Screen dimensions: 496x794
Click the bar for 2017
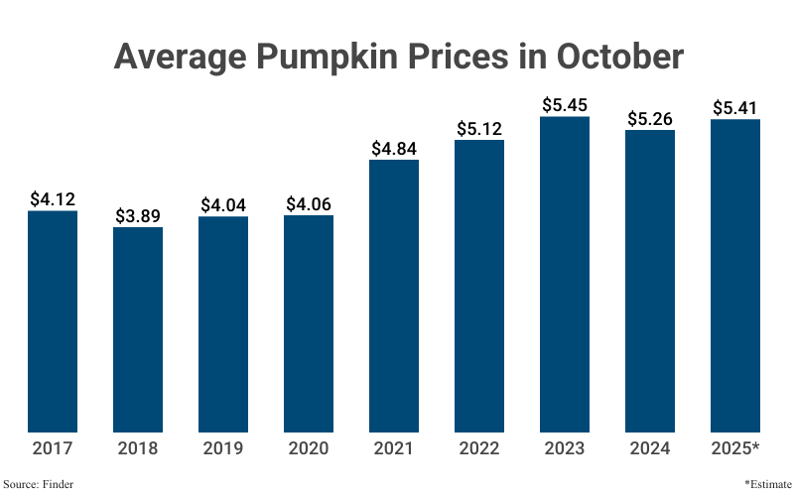point(53,321)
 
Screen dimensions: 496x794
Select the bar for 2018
point(138,329)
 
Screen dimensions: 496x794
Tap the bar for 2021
point(394,296)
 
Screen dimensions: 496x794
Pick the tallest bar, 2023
point(565,274)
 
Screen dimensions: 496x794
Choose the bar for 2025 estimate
point(735,276)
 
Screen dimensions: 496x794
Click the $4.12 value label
point(53,198)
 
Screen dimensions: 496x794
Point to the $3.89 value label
point(138,215)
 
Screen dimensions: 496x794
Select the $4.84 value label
point(394,148)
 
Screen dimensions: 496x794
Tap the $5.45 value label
point(565,104)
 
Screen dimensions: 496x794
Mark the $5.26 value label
point(650,118)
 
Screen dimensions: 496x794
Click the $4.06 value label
point(309,203)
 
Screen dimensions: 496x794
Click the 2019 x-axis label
point(223,448)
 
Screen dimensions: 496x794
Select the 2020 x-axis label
point(309,448)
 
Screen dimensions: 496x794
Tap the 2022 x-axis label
point(479,448)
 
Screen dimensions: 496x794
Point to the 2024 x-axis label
point(650,448)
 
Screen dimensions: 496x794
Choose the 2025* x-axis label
point(735,448)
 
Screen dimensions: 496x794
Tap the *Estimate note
point(766,484)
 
